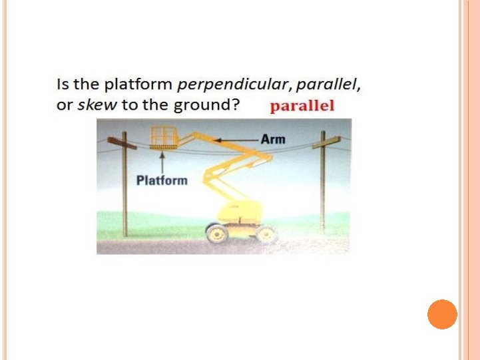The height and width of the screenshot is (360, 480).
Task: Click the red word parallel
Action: point(302,106)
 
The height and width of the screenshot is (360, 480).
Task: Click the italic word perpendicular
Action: point(233,85)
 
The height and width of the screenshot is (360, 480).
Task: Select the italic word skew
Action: point(97,104)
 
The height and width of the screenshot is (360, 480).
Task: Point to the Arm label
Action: point(273,140)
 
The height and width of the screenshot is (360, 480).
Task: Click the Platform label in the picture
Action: point(162,180)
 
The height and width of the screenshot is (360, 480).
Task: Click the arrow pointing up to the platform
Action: point(162,162)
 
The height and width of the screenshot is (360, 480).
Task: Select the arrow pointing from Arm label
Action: point(236,140)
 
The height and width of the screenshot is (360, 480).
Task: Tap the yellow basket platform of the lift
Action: point(164,138)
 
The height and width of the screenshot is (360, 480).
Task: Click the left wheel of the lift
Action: point(217,234)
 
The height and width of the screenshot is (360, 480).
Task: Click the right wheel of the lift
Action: point(266,234)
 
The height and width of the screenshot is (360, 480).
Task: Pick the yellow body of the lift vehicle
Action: point(240,212)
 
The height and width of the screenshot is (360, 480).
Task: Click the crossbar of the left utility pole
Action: point(122,143)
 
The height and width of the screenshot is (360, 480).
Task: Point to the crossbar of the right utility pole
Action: point(326,142)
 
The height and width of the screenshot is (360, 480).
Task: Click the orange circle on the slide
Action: point(442,315)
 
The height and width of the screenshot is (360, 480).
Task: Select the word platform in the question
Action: point(138,85)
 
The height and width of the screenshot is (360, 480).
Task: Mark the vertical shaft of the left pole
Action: point(124,184)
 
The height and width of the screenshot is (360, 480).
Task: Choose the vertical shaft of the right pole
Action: point(322,182)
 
